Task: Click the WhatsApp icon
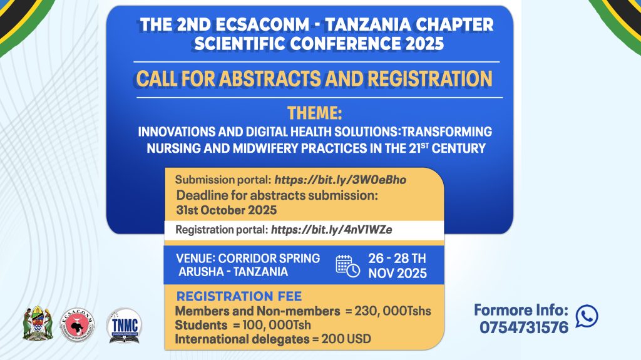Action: [x=587, y=316]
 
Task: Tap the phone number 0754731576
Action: [x=524, y=327]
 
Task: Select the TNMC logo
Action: [x=125, y=326]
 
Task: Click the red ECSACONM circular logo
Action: [x=77, y=325]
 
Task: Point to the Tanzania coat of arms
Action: [x=38, y=323]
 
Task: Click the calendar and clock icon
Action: [x=347, y=266]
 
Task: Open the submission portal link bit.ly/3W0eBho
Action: [x=340, y=180]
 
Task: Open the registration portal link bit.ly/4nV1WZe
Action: [x=332, y=230]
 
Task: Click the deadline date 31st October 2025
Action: [x=227, y=210]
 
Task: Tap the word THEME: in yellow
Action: [x=315, y=113]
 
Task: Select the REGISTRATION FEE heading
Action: [x=239, y=296]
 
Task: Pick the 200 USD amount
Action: [x=346, y=339]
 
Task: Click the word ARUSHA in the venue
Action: [x=201, y=272]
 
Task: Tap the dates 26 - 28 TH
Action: [x=397, y=259]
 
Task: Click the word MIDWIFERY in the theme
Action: [x=265, y=148]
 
